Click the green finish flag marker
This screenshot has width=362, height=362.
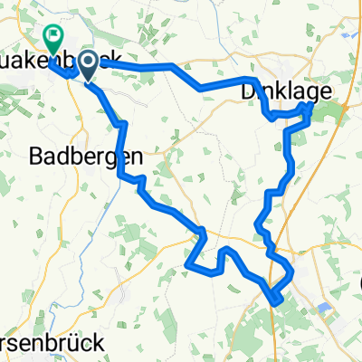[x=52, y=38]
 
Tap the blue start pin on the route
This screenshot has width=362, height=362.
[x=90, y=63]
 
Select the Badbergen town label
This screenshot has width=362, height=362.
[x=86, y=156]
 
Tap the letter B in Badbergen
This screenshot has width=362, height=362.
[x=38, y=156]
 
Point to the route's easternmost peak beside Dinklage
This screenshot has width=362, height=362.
[x=312, y=106]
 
